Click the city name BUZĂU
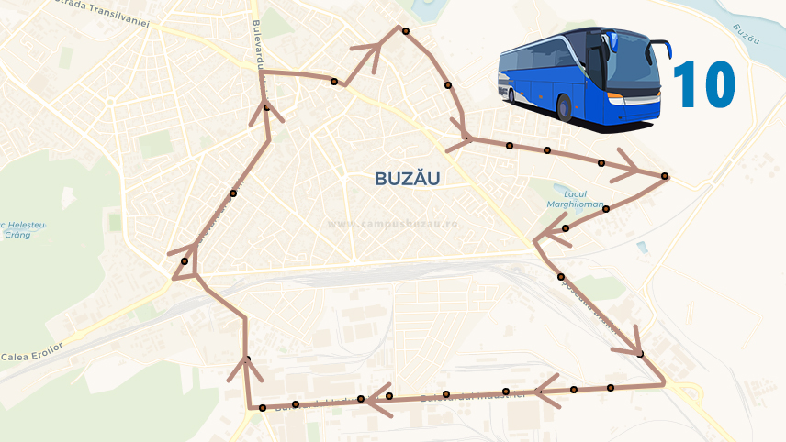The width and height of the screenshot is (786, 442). tap(407, 179)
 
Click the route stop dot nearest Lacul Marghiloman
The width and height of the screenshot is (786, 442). tap(566, 227)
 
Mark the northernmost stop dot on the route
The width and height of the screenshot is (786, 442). tap(404, 30)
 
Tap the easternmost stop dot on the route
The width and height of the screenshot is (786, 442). tap(664, 176)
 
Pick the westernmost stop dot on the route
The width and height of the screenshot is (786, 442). tap(185, 261)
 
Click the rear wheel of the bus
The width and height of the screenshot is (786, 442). tap(512, 92)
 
